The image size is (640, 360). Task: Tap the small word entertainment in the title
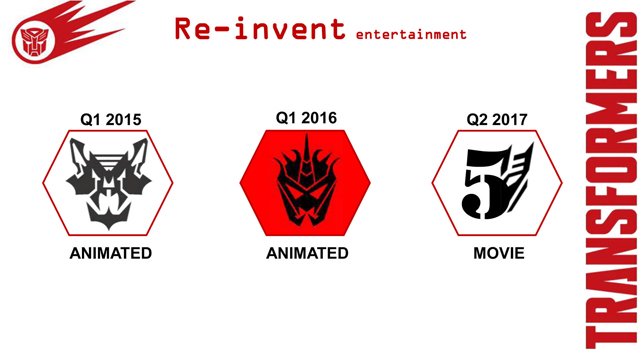pos(411,34)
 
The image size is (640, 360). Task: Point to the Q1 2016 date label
pos(306,118)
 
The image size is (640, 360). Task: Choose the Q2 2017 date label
pos(498,121)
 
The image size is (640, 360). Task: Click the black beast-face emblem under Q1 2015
pos(108,180)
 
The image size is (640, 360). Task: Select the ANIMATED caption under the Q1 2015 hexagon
pos(111,254)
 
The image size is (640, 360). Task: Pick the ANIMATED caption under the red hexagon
pos(307,254)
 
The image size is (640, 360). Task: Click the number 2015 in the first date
pos(124,121)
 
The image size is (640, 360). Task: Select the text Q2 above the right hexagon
pos(477,121)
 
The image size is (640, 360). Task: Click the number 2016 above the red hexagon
pos(318,118)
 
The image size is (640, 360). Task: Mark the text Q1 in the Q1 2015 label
pos(91,121)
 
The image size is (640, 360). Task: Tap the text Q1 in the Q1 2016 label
pos(285,118)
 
